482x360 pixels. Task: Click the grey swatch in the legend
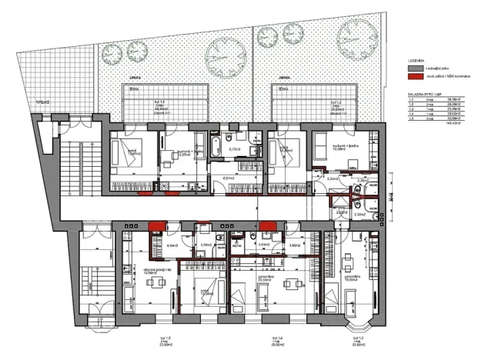(x=414, y=68)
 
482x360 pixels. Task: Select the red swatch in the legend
(x=414, y=78)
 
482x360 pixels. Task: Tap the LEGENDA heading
(x=417, y=59)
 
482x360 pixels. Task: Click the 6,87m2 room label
(x=228, y=178)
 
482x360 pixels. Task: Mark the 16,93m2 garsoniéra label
(x=351, y=278)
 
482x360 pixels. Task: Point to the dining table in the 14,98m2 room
(x=151, y=282)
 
